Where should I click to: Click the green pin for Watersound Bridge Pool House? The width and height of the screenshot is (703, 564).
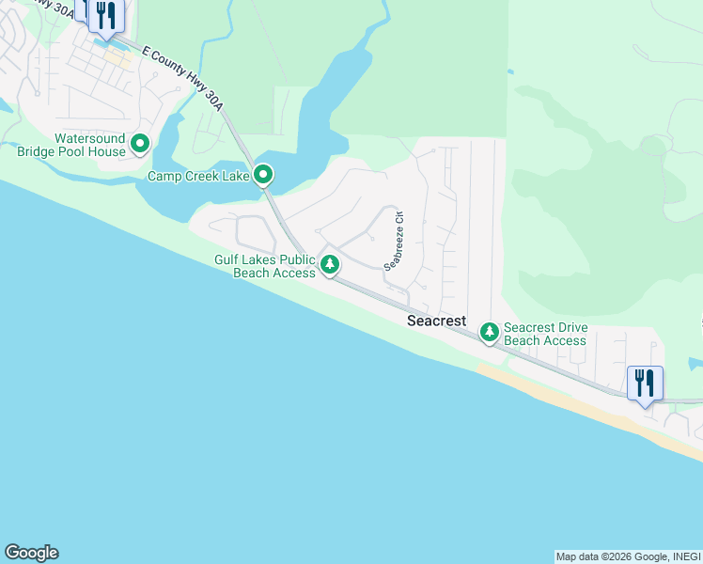coord(140,144)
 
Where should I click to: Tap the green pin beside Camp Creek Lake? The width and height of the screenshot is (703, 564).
coord(264,175)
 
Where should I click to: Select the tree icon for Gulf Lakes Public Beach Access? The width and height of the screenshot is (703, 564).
coord(329,264)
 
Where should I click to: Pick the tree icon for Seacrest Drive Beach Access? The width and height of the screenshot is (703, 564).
coord(489,332)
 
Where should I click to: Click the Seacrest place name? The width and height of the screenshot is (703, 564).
coord(436,321)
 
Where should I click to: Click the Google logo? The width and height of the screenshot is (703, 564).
coord(31,553)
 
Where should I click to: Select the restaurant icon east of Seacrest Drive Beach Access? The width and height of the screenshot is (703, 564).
coord(645,383)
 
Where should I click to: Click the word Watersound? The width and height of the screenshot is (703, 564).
coord(90,138)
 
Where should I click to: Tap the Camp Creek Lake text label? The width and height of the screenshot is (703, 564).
coord(198,176)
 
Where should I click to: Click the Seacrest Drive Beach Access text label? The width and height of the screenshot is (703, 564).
coord(546,334)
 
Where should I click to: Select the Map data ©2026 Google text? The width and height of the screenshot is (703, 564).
coord(610,556)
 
